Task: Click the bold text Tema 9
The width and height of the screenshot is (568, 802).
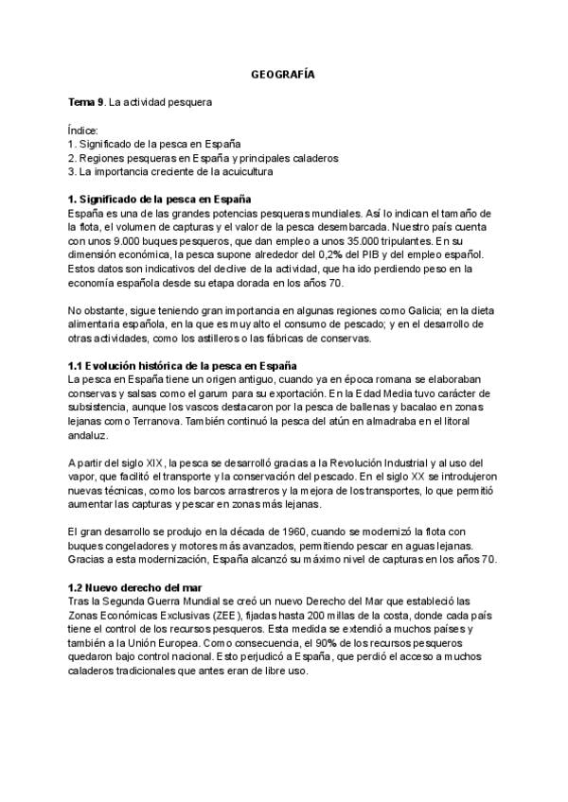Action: pos(86,100)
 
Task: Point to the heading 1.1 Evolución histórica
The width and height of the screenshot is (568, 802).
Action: pos(184,365)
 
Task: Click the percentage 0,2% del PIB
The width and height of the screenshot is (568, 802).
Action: pos(319,255)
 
